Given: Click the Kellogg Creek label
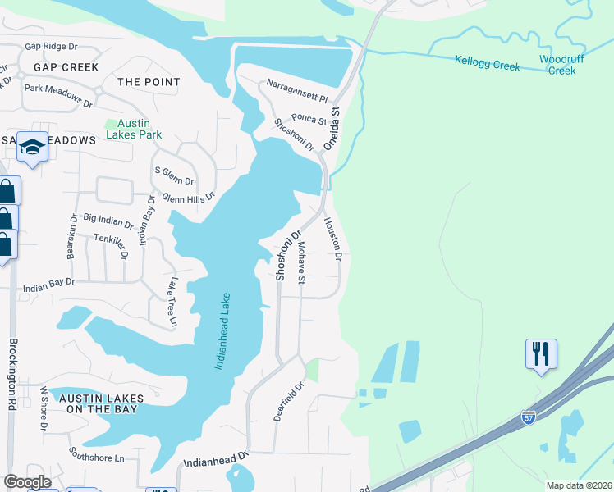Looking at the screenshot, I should (488, 64).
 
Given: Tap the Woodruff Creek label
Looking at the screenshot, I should (561, 65).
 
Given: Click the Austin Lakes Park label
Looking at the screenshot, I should (133, 129).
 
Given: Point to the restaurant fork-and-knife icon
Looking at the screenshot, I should (541, 354).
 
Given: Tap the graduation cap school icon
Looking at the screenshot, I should (32, 147).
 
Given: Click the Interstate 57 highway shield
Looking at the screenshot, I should (531, 418).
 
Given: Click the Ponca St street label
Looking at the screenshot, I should (309, 119).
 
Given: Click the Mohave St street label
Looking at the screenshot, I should (301, 263).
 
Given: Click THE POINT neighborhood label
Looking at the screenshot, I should (149, 82).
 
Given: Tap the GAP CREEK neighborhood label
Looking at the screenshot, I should (66, 67).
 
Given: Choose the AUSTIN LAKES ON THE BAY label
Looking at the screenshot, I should (101, 404).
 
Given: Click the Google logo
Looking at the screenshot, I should (27, 482).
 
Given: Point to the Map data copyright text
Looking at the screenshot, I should (578, 485).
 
